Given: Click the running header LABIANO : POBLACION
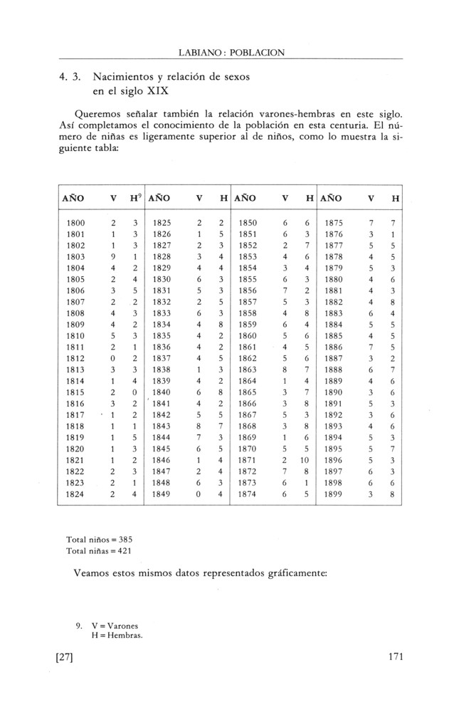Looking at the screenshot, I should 231,52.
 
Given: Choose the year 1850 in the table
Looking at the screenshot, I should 248,223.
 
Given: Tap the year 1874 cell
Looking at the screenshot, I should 248,493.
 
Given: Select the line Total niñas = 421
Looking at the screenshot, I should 99,550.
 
